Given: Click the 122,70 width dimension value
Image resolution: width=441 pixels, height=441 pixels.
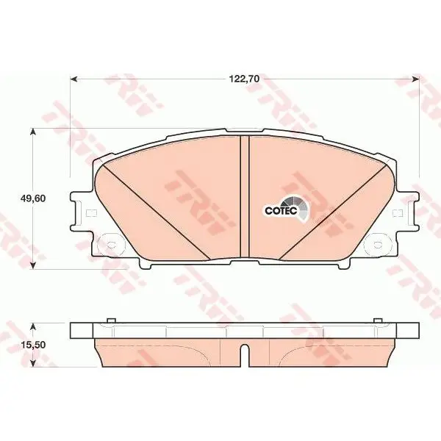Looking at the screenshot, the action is click(245, 79).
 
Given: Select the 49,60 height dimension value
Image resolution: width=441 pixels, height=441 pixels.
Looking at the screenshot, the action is click(33, 198).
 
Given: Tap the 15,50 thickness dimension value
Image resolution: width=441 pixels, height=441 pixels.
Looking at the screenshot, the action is click(33, 345).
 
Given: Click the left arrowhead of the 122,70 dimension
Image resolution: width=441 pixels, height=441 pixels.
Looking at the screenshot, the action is click(73, 79).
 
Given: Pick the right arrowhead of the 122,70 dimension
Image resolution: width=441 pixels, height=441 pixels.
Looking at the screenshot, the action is click(416, 79).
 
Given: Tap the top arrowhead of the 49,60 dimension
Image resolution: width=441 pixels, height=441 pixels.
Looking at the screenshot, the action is click(33, 132).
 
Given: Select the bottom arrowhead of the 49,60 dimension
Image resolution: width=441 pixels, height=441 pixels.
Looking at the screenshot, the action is click(33, 265).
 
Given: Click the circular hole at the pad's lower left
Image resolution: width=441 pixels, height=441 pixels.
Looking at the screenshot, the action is click(112, 245).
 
